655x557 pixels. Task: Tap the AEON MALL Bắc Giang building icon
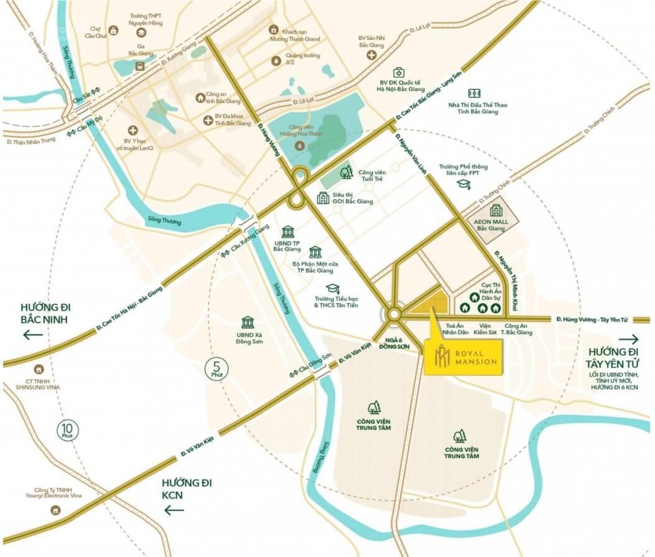tap(496, 212)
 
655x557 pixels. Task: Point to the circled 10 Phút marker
tap(67, 430)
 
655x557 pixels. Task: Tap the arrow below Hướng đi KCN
tap(175, 510)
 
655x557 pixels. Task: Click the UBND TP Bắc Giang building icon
tap(287, 232)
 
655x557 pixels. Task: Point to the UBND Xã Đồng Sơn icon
tap(249, 322)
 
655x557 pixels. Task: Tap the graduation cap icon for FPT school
tap(463, 184)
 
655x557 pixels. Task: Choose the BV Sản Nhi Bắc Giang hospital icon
tap(372, 55)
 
